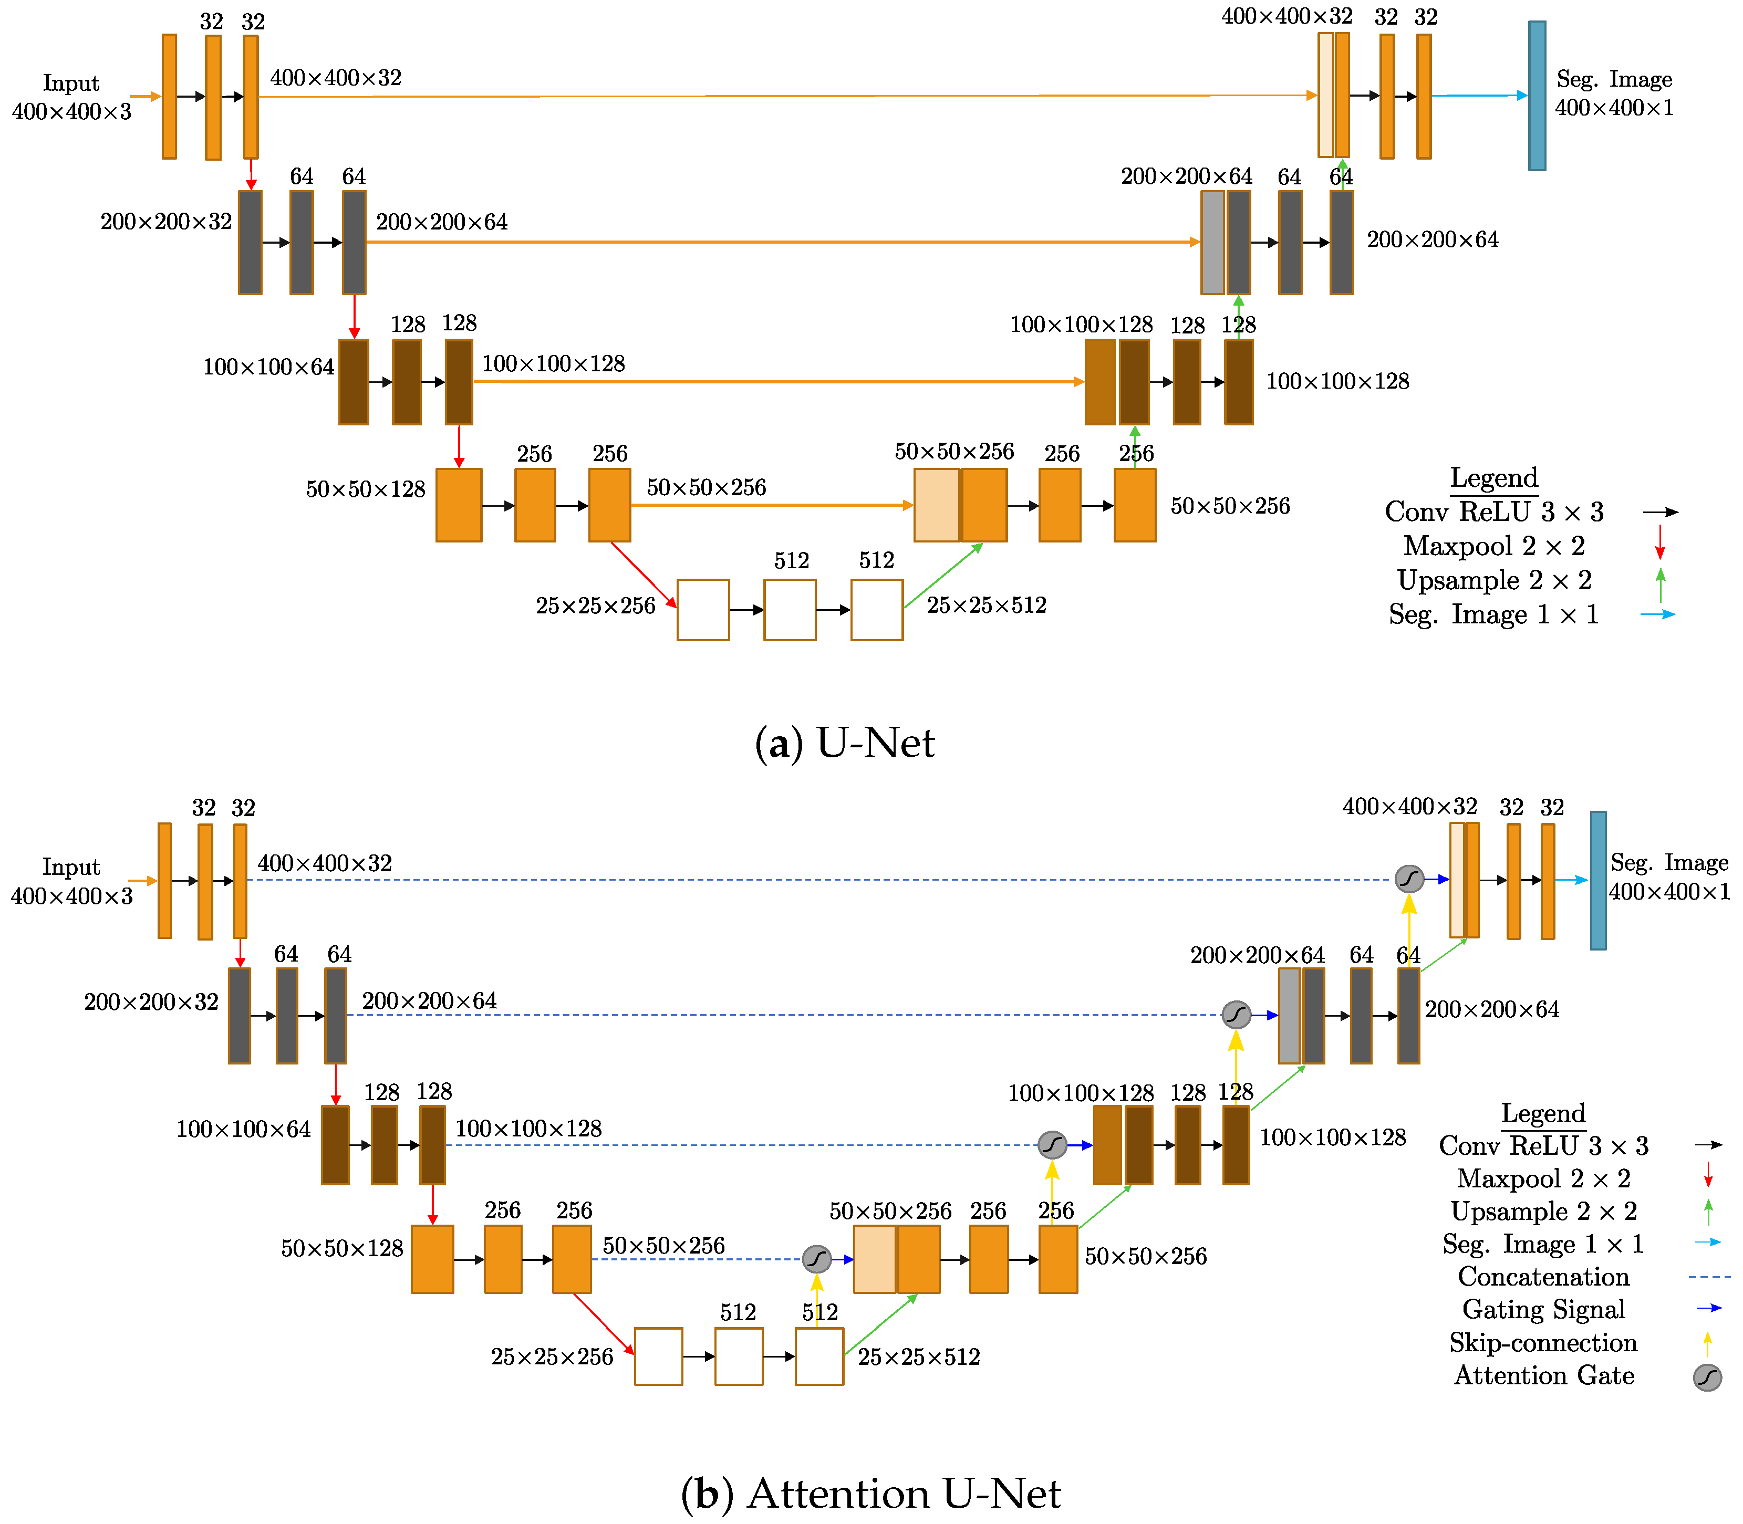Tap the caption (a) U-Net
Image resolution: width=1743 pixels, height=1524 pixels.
click(845, 743)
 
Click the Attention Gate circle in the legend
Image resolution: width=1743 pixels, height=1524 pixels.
click(1706, 1377)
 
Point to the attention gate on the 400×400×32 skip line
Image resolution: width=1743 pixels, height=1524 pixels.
click(1409, 879)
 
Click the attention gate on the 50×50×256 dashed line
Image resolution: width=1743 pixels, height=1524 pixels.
click(817, 1259)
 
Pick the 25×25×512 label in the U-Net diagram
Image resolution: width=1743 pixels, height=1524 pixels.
click(986, 606)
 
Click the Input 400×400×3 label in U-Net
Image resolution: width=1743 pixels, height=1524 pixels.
click(71, 97)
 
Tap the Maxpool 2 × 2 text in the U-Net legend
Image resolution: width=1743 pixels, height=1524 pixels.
click(1494, 546)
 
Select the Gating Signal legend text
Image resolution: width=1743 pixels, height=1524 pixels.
click(1543, 1310)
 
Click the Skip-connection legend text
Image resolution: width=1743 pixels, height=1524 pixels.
click(1543, 1343)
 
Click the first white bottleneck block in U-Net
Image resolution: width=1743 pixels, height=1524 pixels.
click(703, 610)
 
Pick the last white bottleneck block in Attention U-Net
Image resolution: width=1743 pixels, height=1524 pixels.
click(819, 1356)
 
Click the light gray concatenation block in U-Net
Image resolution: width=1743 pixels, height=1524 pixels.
click(1212, 243)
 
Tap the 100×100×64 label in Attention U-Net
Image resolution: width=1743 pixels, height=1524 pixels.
click(243, 1130)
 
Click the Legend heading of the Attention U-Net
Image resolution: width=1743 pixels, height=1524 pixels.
click(1543, 1113)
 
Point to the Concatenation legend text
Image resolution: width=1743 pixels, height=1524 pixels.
click(1543, 1277)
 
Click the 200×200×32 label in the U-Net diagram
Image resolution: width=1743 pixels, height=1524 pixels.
click(166, 222)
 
